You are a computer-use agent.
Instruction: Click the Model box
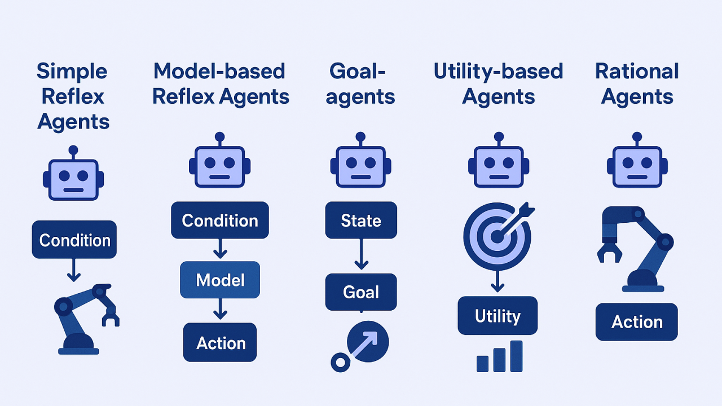click(220, 280)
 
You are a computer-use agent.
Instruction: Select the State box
click(361, 220)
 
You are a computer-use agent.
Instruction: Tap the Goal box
click(361, 292)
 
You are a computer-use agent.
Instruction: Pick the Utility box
click(498, 315)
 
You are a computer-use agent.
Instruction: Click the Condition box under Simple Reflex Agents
click(74, 240)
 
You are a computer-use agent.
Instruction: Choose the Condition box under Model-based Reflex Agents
click(220, 220)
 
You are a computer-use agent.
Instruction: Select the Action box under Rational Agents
click(637, 321)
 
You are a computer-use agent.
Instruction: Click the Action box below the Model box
click(220, 342)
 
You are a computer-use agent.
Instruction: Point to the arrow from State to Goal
click(362, 254)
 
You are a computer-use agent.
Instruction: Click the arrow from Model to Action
click(220, 309)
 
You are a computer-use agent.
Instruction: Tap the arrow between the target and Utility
click(498, 281)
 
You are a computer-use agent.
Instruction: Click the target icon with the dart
click(498, 236)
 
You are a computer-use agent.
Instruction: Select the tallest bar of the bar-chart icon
click(516, 356)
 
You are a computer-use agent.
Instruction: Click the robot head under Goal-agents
click(360, 160)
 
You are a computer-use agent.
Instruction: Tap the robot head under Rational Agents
click(637, 160)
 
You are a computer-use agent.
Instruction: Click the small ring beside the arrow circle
click(340, 363)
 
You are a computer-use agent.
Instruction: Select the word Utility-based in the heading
click(498, 72)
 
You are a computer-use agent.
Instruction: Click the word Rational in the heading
click(637, 71)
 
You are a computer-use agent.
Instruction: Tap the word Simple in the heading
click(72, 72)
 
